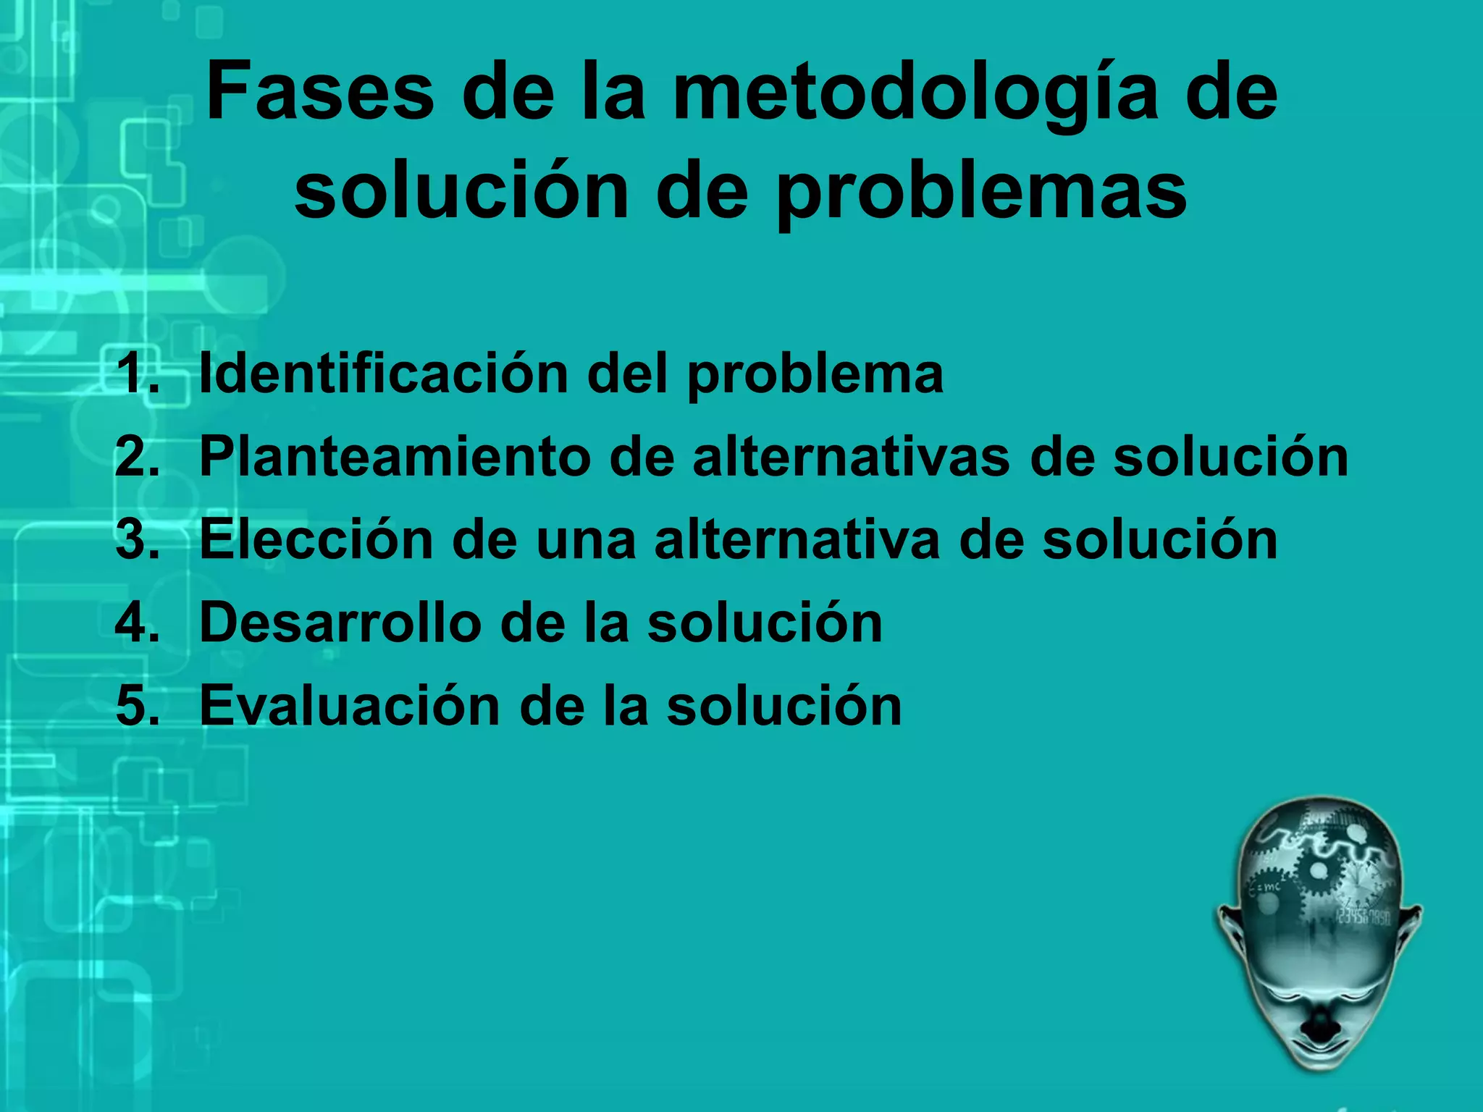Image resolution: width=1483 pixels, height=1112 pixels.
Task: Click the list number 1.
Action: pos(138,374)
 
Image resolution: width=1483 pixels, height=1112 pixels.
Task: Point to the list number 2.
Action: pos(138,458)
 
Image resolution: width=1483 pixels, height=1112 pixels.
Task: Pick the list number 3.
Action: pos(138,540)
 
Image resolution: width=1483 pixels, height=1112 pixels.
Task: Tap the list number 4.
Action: pos(138,623)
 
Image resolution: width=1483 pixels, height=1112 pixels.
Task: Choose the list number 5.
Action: pos(138,706)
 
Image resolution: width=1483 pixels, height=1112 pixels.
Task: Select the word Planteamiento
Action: pos(395,458)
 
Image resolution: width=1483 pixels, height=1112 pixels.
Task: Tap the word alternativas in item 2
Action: pos(851,458)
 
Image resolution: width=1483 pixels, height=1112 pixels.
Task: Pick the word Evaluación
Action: pos(350,706)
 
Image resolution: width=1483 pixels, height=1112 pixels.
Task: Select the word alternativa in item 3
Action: pos(797,540)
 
